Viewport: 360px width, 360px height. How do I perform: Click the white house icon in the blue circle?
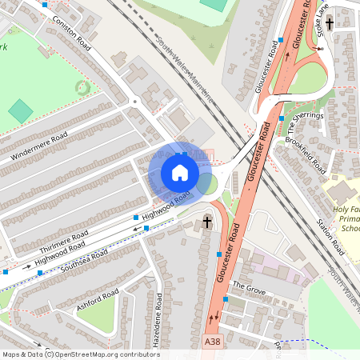180,173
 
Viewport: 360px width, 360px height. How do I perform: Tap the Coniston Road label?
72,33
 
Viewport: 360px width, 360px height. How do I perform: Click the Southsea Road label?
87,259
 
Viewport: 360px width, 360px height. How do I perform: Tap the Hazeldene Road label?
158,321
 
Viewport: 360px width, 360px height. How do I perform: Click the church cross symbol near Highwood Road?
208,221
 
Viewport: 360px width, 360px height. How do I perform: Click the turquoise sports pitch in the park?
21,110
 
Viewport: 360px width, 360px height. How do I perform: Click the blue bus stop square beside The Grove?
226,299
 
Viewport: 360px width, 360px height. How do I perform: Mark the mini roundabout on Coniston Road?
135,102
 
